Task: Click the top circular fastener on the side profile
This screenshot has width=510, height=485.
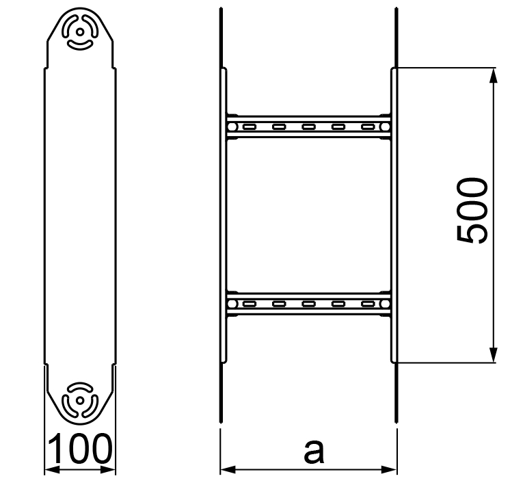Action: point(80,31)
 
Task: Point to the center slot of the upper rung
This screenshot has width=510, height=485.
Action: point(308,127)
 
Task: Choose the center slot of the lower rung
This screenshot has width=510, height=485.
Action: point(308,303)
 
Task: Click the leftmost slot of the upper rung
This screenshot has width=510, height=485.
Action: point(249,127)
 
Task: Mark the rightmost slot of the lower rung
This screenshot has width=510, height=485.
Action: point(368,303)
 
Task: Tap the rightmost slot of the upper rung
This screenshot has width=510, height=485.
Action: point(368,127)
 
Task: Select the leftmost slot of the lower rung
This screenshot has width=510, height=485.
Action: point(249,303)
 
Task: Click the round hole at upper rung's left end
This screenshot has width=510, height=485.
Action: point(232,127)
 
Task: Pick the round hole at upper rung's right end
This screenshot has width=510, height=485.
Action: point(385,127)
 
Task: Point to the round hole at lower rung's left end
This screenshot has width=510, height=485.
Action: point(232,303)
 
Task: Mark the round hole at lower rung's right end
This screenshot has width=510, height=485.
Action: point(385,303)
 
